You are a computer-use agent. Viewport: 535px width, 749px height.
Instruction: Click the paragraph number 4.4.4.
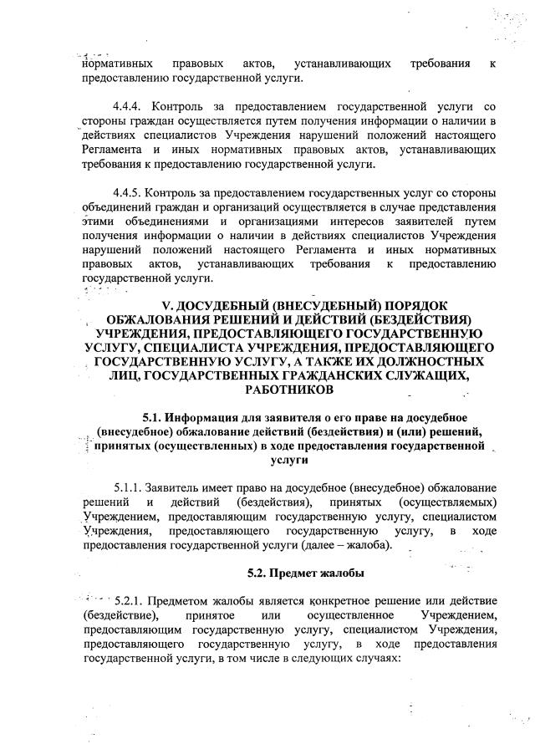point(127,109)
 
